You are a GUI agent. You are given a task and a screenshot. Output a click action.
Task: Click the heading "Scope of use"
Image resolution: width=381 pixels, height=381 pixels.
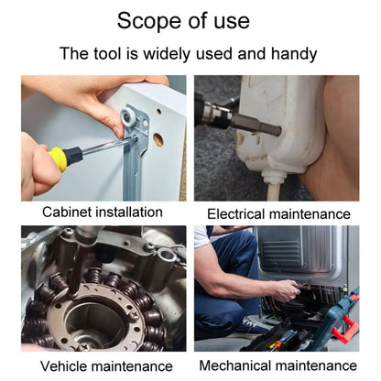(x=183, y=21)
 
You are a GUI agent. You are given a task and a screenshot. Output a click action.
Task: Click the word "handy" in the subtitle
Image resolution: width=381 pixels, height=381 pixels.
(x=294, y=54)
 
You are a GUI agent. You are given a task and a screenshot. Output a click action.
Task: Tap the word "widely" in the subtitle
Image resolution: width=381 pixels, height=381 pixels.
(x=167, y=54)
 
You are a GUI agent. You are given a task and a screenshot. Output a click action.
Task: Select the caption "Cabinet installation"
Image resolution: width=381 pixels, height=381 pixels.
(x=103, y=212)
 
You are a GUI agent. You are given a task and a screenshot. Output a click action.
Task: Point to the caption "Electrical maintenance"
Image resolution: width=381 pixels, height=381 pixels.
(x=278, y=213)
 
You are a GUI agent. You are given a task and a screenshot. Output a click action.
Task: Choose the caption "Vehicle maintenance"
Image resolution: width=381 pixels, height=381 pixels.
(x=106, y=365)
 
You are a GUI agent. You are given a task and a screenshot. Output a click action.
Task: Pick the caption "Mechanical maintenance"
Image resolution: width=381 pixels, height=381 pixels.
(x=278, y=365)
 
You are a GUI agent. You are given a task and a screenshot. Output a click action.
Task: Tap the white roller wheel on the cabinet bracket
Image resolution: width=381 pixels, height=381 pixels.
(x=127, y=116)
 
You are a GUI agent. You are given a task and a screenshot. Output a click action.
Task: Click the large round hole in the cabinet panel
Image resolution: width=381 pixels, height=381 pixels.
(x=158, y=139)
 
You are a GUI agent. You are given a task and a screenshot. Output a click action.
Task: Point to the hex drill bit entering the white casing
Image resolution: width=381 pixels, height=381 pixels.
(x=256, y=125)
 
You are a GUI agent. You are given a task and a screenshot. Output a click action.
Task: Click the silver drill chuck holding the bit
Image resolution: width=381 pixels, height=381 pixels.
(x=214, y=113)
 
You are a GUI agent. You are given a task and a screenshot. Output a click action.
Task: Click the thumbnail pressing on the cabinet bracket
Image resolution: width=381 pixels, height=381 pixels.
(x=118, y=132)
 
